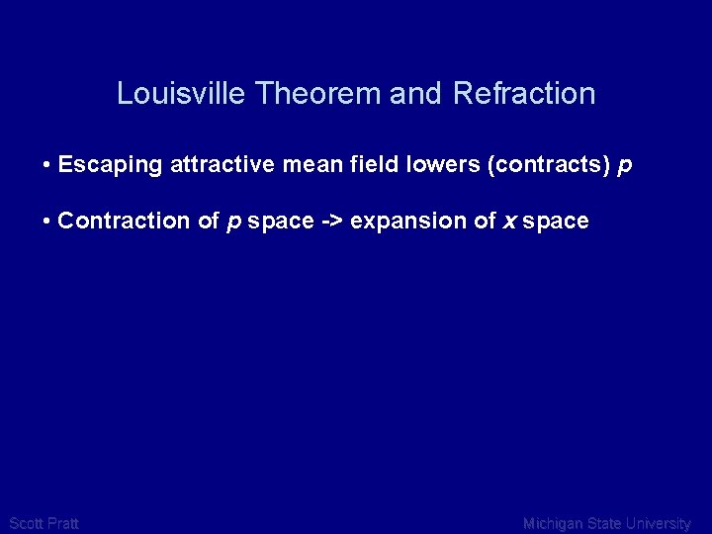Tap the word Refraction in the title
tap(524, 94)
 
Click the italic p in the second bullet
tap(233, 222)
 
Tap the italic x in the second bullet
tap(509, 222)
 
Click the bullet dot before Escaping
tap(47, 165)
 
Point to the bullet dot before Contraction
tap(47, 221)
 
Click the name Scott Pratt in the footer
tap(44, 523)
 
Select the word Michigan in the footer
tap(555, 523)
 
